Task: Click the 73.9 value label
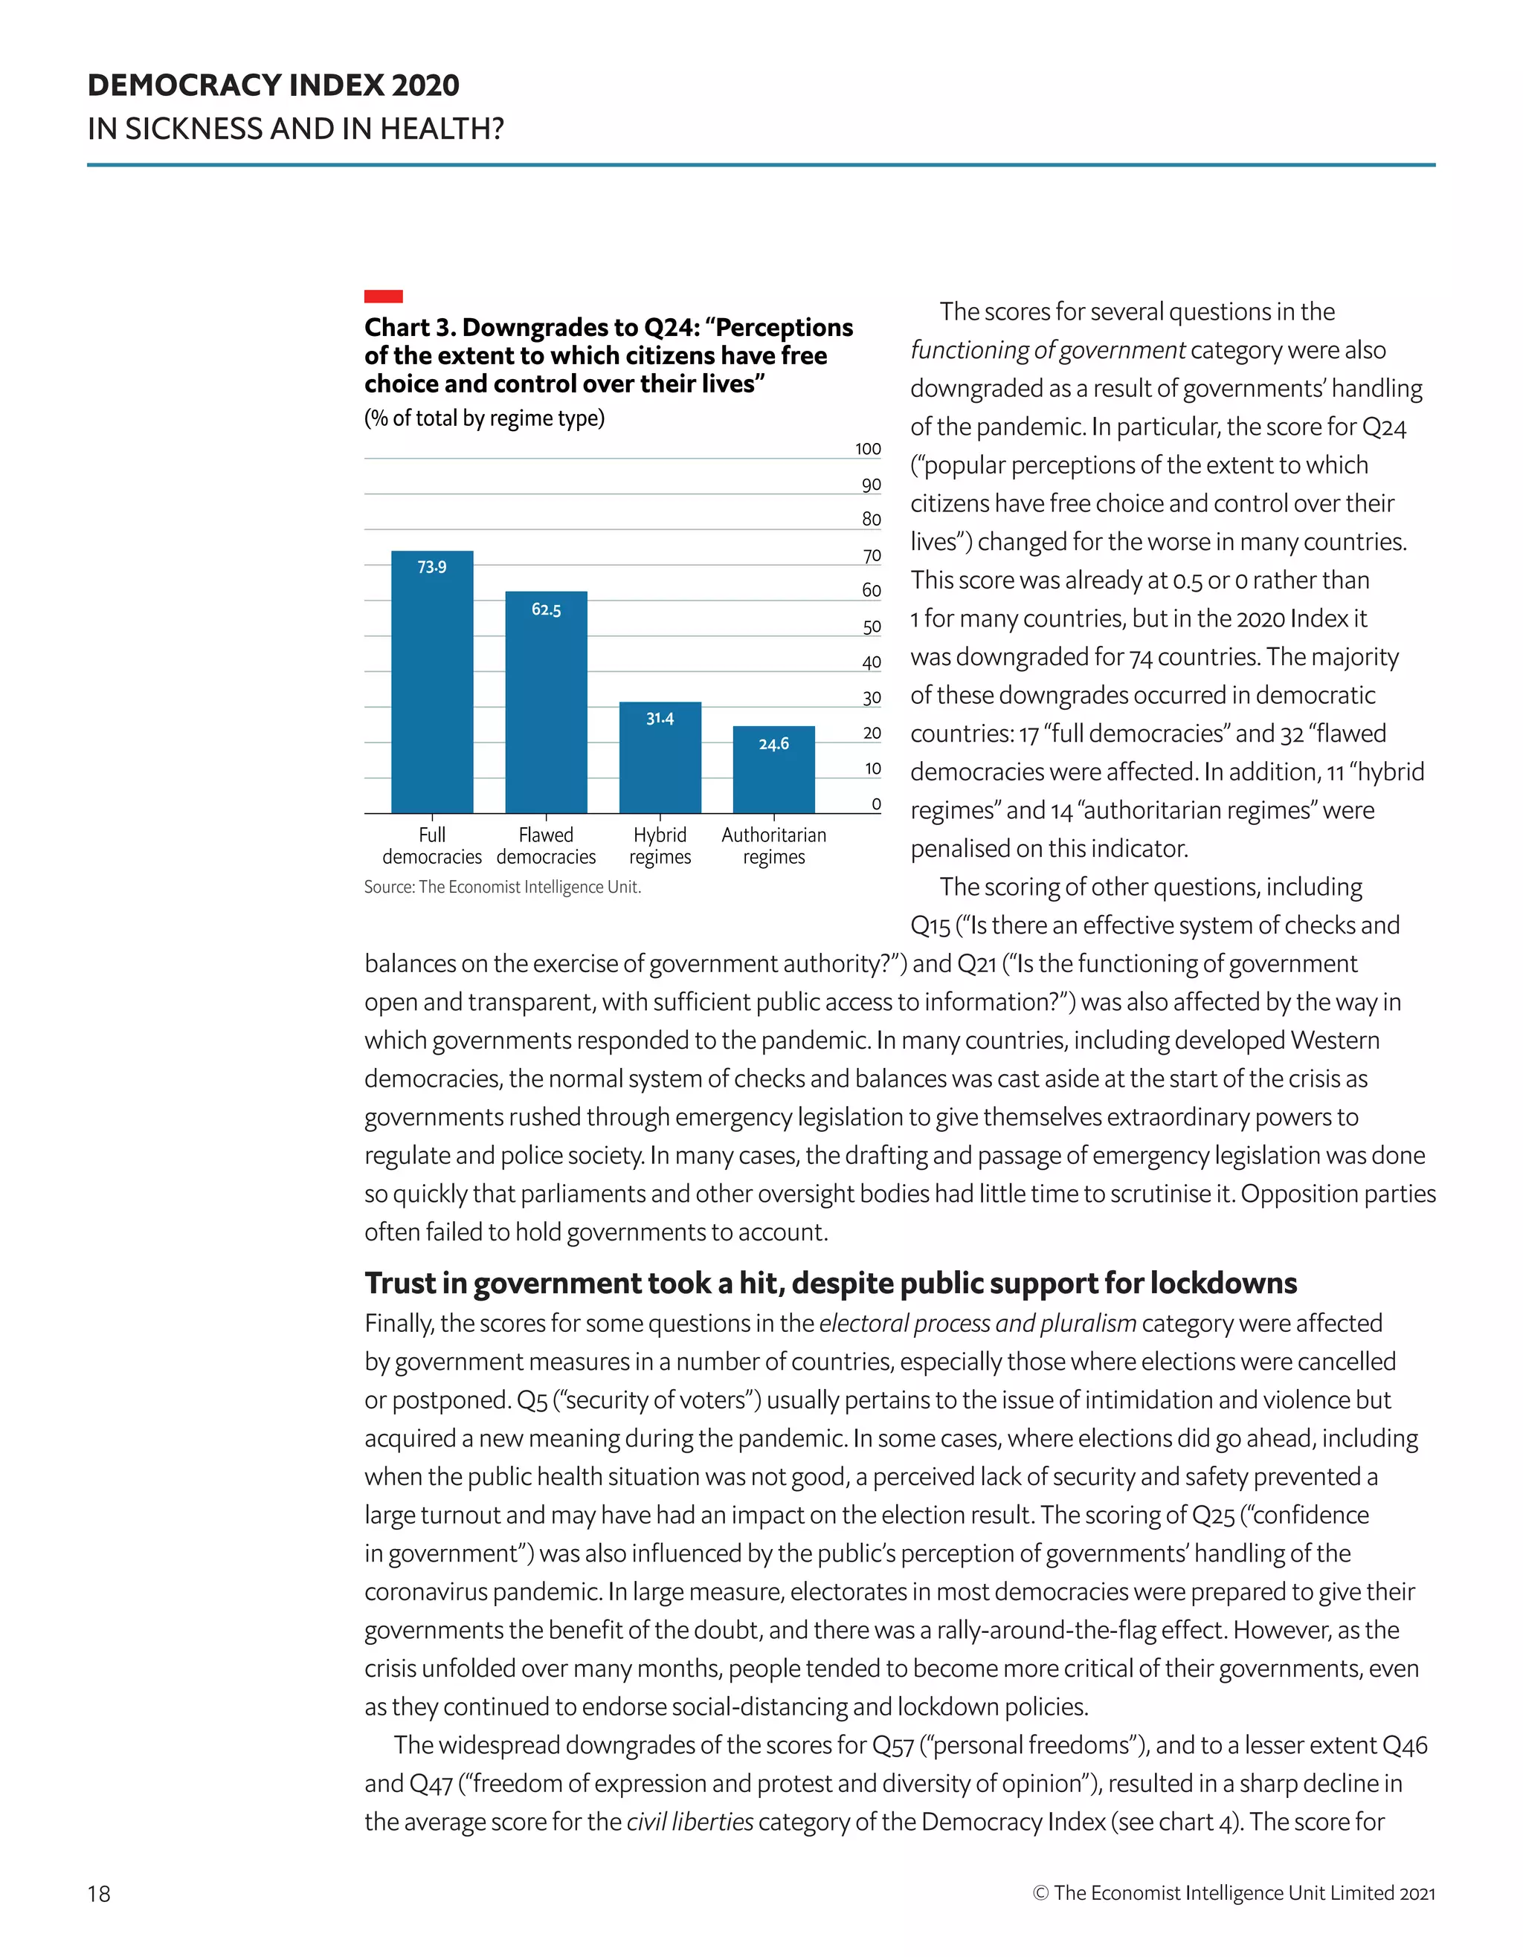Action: pyautogui.click(x=432, y=567)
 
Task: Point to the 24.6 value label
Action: pyautogui.click(x=773, y=744)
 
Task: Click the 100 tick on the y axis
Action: pyautogui.click(x=868, y=449)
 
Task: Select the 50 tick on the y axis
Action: pyautogui.click(x=872, y=627)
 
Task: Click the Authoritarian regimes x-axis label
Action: pyautogui.click(x=773, y=846)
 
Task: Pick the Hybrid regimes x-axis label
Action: pyautogui.click(x=660, y=846)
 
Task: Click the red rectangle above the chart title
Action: pyautogui.click(x=383, y=297)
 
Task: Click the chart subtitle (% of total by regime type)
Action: pyautogui.click(x=484, y=418)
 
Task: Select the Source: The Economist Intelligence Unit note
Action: pyautogui.click(x=502, y=887)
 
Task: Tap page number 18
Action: pyautogui.click(x=99, y=1893)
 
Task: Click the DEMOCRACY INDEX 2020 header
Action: pyautogui.click(x=274, y=86)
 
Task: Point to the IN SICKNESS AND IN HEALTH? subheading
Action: pyautogui.click(x=296, y=129)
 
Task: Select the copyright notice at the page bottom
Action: pyautogui.click(x=1234, y=1892)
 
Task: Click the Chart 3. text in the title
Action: pyautogui.click(x=409, y=328)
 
